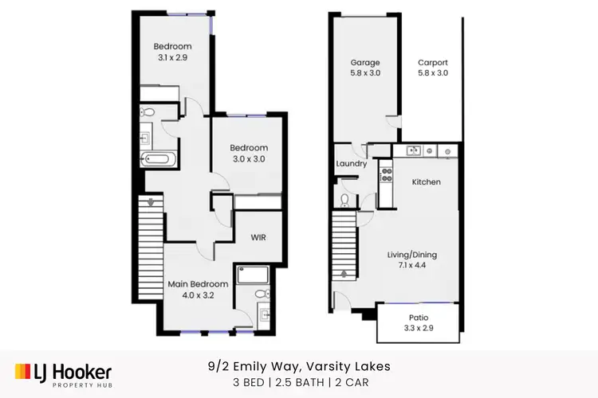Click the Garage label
point(365,62)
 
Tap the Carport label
point(433,62)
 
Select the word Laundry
point(351,164)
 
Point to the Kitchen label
point(426,182)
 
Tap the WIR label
point(258,237)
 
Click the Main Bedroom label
point(198,284)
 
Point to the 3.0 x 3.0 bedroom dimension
point(248,159)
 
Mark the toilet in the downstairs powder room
point(344,199)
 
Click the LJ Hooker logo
point(63,373)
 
